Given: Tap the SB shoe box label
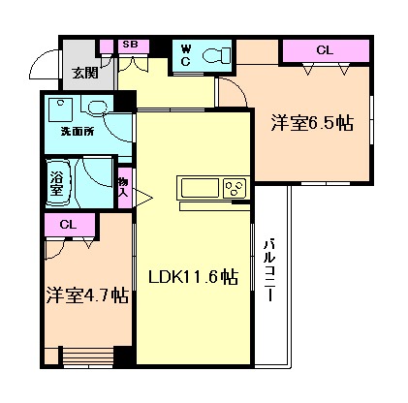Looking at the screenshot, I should (129, 45).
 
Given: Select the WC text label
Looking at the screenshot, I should (184, 55).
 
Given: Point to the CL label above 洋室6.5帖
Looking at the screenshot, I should (325, 49).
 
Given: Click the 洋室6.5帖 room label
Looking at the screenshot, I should (311, 123).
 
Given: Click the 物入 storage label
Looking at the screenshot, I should (124, 184).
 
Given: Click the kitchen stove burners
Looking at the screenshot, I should (234, 188).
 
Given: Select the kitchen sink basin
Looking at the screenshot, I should (199, 188).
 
